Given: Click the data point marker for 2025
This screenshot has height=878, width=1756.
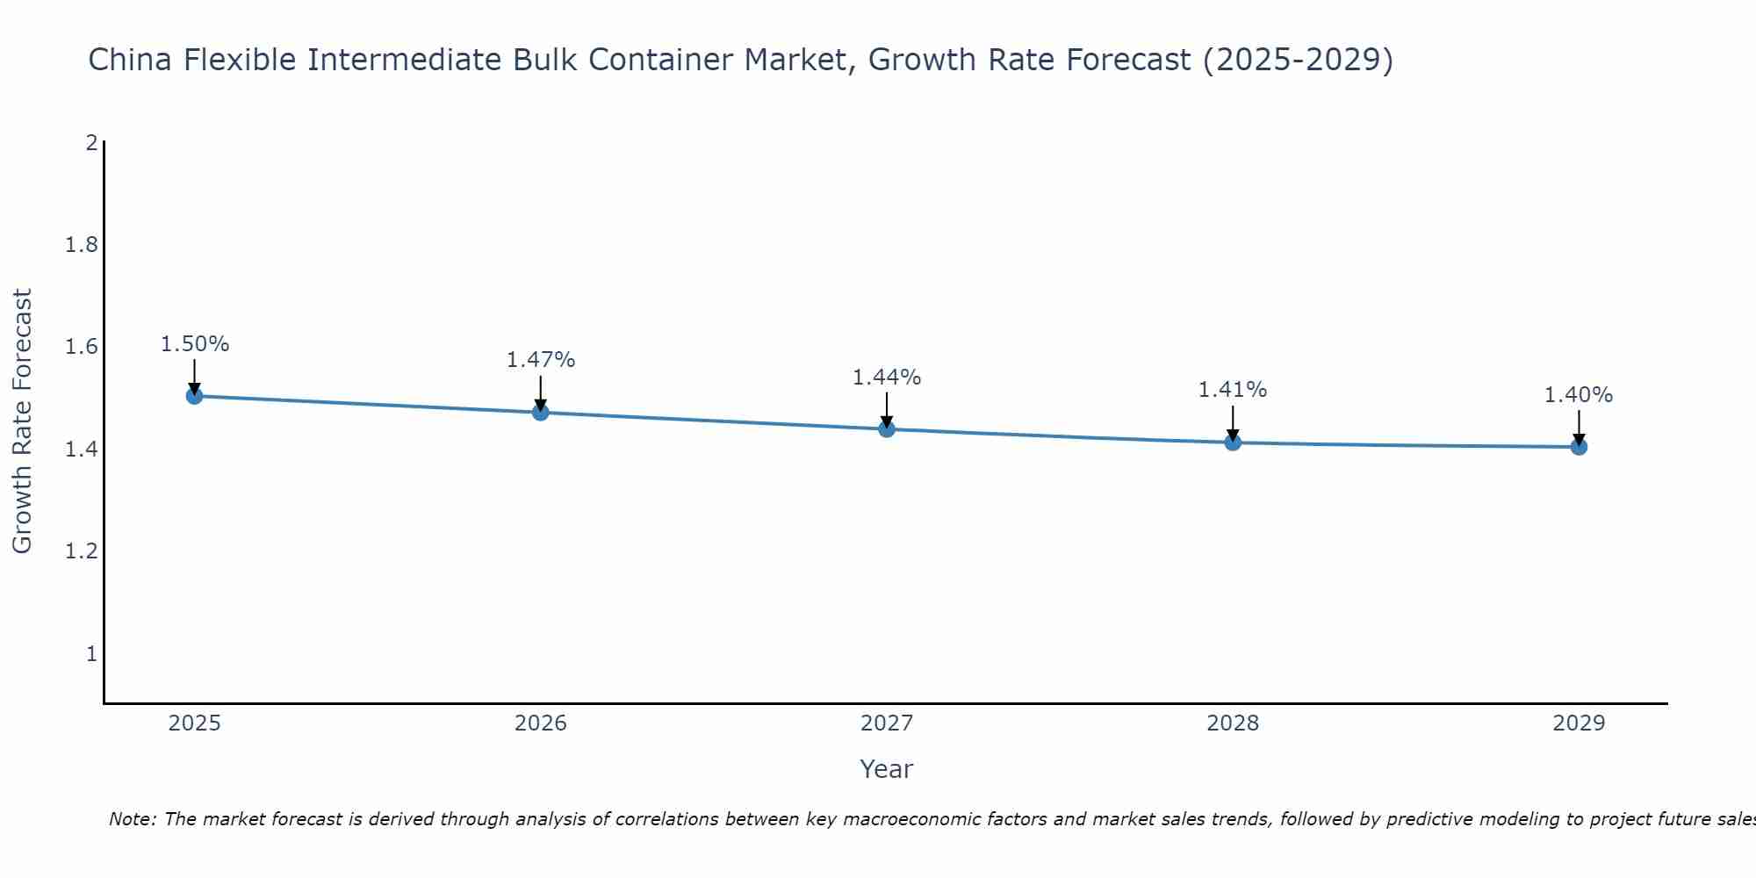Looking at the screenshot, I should tap(195, 396).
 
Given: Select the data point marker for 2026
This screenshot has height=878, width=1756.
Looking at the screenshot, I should tap(541, 412).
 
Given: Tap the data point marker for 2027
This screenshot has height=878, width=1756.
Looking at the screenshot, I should tap(887, 428).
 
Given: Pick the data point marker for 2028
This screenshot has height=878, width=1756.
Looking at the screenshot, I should tap(1233, 442).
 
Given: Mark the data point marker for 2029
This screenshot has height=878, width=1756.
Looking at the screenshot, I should tap(1579, 447).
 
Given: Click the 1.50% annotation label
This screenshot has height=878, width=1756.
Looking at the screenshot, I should tap(195, 344).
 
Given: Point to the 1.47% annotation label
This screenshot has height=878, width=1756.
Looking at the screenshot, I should tap(541, 360).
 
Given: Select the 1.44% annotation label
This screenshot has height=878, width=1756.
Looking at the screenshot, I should tap(887, 378).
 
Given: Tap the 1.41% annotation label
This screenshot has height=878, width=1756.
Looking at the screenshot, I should tap(1233, 390).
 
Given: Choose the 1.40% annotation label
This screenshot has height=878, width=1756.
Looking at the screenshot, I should tap(1579, 396).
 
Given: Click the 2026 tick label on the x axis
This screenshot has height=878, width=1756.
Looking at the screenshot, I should tap(541, 723).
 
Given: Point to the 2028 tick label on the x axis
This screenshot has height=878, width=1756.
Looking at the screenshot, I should tap(1233, 723).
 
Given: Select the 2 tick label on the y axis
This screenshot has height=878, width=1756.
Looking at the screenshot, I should tap(91, 142).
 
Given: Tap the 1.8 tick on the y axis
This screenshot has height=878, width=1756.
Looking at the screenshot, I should tap(82, 245).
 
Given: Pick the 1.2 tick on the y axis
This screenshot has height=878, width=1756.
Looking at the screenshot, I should tap(82, 551).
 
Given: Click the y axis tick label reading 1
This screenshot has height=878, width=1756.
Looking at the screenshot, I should tap(91, 654).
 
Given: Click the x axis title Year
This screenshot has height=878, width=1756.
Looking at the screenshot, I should tap(887, 769).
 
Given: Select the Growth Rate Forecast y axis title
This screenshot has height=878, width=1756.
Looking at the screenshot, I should tap(23, 421).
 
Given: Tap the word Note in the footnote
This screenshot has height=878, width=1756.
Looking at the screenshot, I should tap(132, 819).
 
